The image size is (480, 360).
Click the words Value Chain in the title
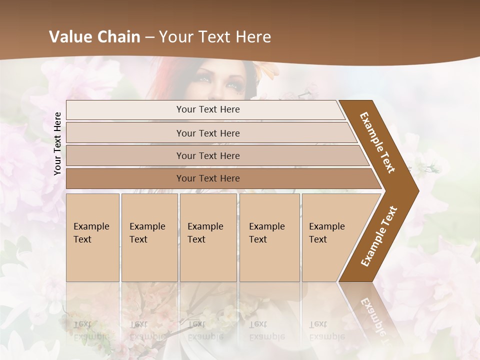coord(94,37)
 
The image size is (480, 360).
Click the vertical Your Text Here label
coord(57,143)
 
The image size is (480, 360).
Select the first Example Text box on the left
coord(92,237)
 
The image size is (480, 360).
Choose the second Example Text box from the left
coord(149,237)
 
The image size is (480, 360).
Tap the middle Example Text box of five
coord(208,237)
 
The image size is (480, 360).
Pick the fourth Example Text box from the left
coord(269,237)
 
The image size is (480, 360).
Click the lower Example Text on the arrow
coord(379,236)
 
